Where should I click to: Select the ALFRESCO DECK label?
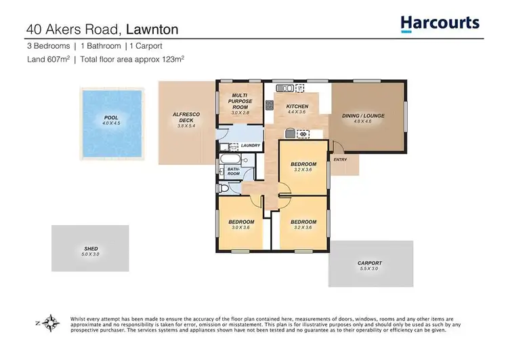pos(181,118)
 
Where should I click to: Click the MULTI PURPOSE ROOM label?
pos(242,102)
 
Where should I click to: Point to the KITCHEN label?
pos(297,106)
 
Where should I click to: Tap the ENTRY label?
pos(339,159)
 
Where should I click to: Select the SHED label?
pos(91,249)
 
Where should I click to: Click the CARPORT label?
pos(370,263)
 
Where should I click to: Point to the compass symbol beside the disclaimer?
pos(49,323)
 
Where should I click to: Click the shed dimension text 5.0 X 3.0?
pos(91,254)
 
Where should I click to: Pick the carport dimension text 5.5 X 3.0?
pos(370,269)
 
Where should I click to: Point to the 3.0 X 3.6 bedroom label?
pos(241,228)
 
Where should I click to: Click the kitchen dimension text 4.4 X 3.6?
pos(297,113)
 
